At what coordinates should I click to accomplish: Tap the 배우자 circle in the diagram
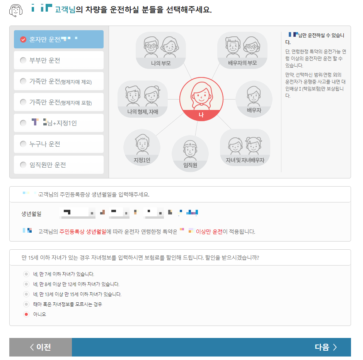254,98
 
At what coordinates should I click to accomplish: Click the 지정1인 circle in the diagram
142,147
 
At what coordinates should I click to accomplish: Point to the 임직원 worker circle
190,153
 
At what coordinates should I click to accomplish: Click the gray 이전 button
41,347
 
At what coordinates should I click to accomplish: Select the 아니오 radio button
26,314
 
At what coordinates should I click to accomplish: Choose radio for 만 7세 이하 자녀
26,274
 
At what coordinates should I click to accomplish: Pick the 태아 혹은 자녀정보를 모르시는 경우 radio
26,304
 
